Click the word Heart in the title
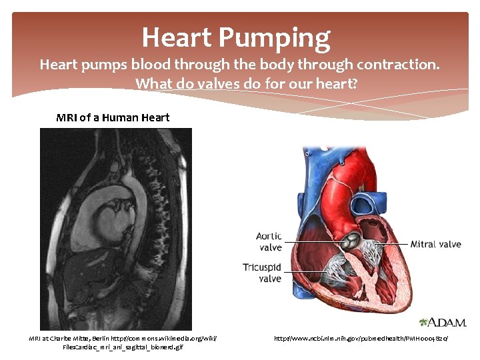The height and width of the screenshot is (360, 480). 174,37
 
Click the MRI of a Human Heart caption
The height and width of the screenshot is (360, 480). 113,117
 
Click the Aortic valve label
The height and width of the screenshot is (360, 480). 269,242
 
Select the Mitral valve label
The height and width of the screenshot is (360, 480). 435,244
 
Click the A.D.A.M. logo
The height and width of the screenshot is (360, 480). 443,322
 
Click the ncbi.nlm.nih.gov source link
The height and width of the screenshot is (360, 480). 361,339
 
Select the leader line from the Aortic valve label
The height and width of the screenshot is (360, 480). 313,240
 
